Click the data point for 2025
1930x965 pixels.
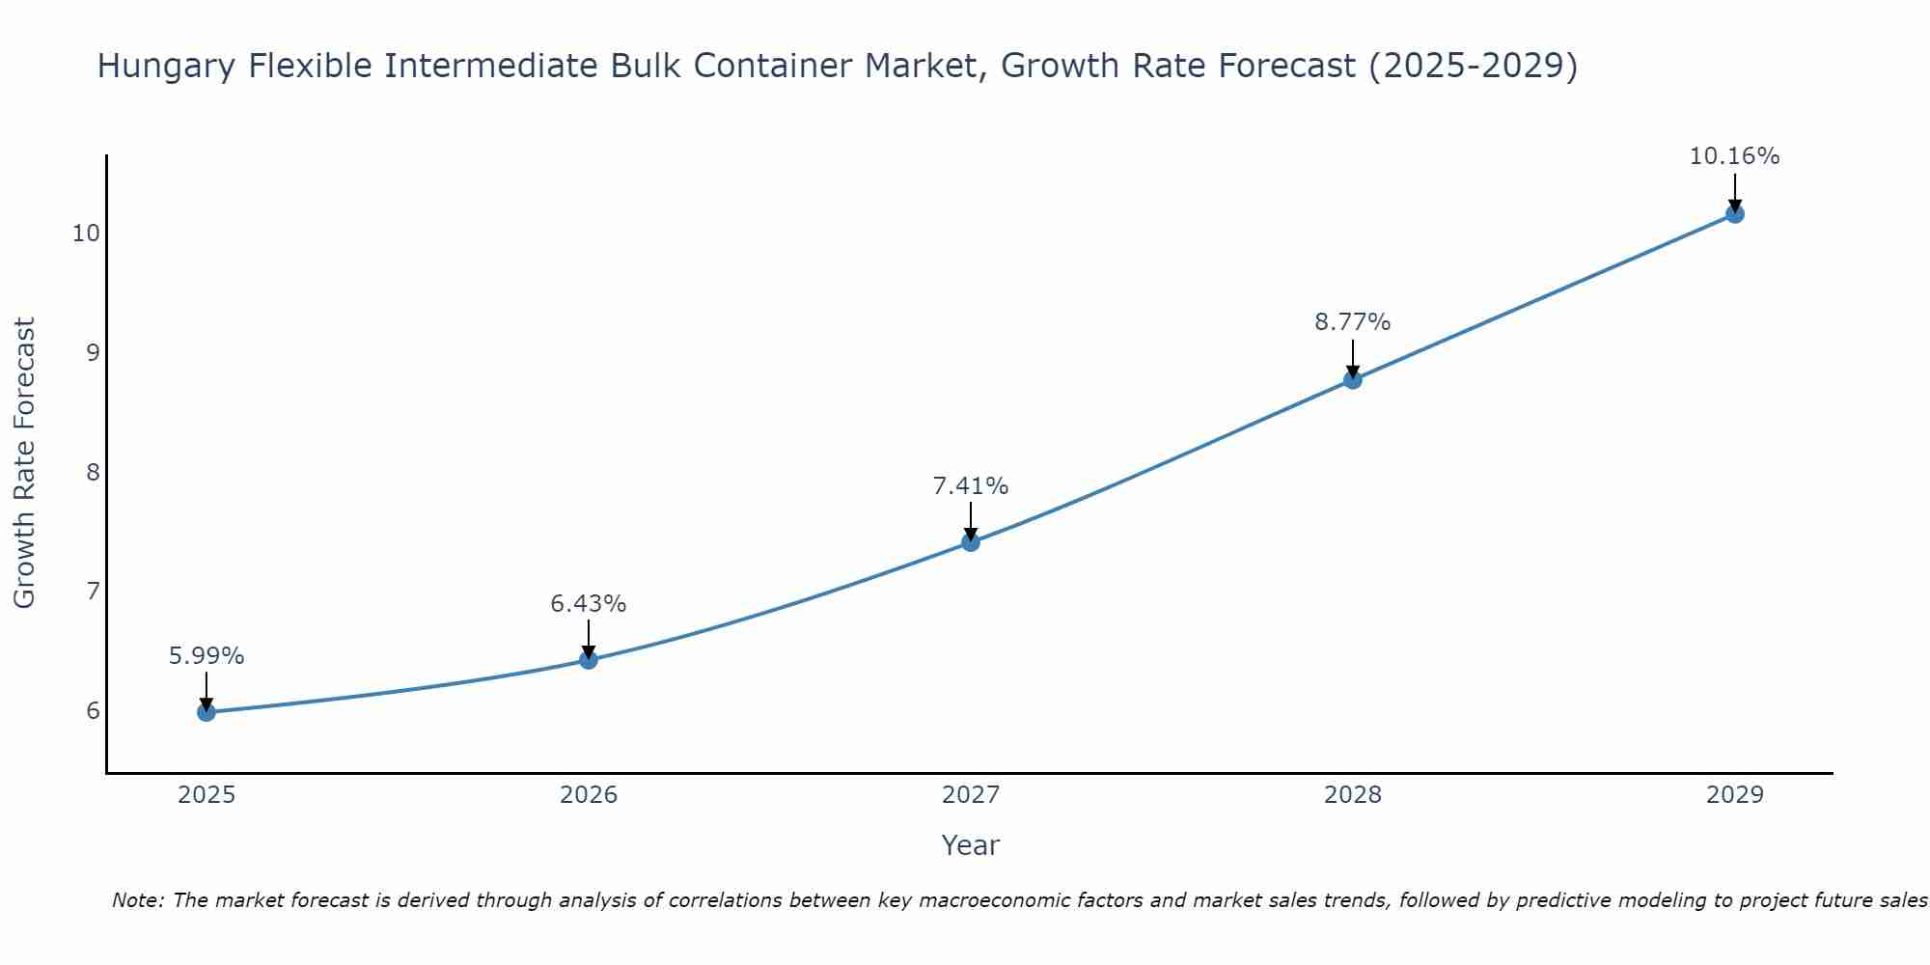pos(207,712)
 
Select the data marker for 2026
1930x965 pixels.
pos(589,660)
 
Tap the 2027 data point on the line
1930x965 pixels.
pos(971,542)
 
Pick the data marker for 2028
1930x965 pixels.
pos(1353,380)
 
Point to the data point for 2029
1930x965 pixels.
pos(1735,214)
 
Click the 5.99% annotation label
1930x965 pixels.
pos(207,656)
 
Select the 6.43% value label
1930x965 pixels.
pos(589,604)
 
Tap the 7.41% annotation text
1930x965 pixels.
pos(971,486)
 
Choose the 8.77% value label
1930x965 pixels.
pos(1353,322)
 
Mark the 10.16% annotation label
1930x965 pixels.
pos(1735,156)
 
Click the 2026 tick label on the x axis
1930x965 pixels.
pos(589,795)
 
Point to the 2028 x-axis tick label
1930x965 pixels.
pos(1353,795)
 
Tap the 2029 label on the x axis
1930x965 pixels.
pos(1735,795)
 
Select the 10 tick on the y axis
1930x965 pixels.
pos(86,234)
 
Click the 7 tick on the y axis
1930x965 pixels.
pos(93,591)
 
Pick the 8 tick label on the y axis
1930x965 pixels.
pos(93,472)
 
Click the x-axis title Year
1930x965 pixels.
pos(971,845)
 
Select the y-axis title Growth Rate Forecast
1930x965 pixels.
pos(25,463)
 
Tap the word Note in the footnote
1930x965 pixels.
pos(136,900)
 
